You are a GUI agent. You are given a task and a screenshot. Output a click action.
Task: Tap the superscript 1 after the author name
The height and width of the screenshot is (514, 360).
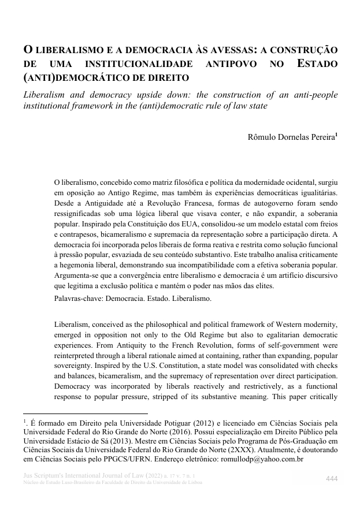coord(336,135)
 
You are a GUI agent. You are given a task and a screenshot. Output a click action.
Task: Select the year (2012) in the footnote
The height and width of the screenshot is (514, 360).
coord(222,423)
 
